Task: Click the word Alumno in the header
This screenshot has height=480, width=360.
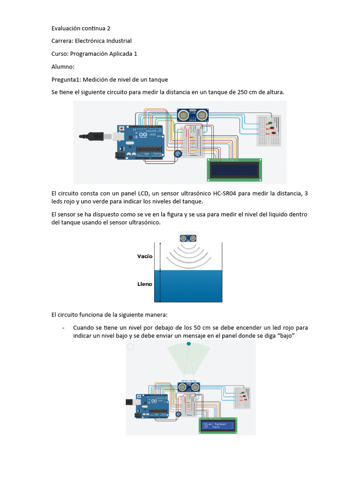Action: tap(62, 67)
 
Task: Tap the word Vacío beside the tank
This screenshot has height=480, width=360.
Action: tap(145, 256)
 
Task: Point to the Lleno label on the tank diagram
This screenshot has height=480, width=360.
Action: tap(145, 284)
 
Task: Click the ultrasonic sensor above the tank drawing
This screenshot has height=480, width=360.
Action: tap(189, 237)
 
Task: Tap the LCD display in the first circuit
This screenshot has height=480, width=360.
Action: tap(234, 169)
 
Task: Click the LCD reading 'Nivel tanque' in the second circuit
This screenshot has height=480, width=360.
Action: tap(219, 425)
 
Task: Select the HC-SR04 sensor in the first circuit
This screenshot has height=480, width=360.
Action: tap(193, 115)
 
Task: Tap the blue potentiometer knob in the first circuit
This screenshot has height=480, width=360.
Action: tap(178, 154)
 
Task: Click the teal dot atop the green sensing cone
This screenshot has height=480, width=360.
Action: tap(189, 344)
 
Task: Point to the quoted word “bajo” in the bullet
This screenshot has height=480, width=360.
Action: tap(283, 336)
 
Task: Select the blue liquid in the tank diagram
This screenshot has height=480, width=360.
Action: tap(188, 286)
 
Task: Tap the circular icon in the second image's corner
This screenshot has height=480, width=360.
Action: tap(130, 347)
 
